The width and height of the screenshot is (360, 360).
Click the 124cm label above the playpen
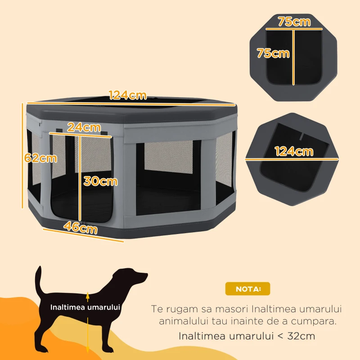(x=128, y=95)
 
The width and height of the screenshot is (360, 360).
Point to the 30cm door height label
(x=100, y=181)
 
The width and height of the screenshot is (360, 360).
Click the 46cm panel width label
(x=81, y=228)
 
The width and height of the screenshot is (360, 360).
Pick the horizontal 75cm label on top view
(x=294, y=22)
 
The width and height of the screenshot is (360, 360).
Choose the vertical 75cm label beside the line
(x=273, y=53)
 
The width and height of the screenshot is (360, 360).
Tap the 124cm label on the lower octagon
(x=294, y=151)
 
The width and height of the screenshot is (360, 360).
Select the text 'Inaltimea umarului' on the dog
(x=85, y=308)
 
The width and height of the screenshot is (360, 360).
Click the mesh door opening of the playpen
(x=65, y=180)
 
